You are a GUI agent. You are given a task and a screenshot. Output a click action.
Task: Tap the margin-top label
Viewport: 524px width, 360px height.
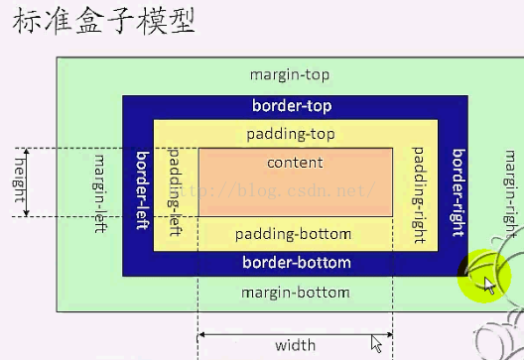click(x=290, y=74)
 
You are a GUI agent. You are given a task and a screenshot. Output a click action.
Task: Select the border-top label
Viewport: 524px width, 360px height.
click(x=292, y=105)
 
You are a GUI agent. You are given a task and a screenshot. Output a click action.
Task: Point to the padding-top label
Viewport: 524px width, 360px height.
click(x=292, y=134)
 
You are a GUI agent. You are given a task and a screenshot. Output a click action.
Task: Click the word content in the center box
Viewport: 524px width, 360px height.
click(x=295, y=163)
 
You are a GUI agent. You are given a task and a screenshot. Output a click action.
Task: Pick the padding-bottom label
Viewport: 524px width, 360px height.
click(x=293, y=234)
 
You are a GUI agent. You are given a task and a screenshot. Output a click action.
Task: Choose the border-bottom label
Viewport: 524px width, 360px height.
click(x=297, y=263)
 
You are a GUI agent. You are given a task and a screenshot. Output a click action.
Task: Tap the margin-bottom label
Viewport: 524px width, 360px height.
click(x=296, y=293)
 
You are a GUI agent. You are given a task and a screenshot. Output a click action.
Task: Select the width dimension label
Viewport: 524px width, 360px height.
click(x=296, y=345)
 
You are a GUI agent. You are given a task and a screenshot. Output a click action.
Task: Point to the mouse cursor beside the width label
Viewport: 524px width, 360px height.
click(x=377, y=343)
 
